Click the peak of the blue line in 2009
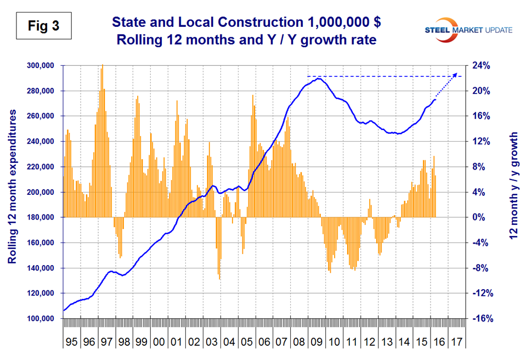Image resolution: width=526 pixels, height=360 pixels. tap(318, 79)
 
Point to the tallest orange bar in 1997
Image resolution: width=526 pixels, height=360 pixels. tap(103, 65)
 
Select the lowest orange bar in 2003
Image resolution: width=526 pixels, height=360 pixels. tap(219, 279)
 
